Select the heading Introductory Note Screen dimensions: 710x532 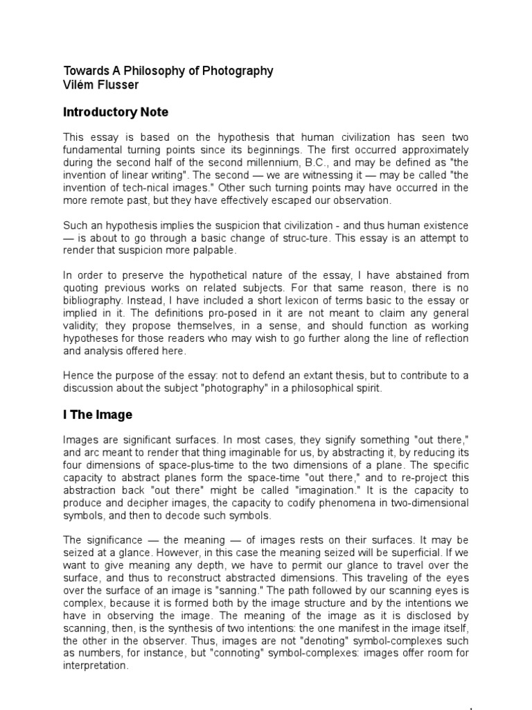[116, 112]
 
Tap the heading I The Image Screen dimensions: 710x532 [98, 415]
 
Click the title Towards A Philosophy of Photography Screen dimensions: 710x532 [168, 71]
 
